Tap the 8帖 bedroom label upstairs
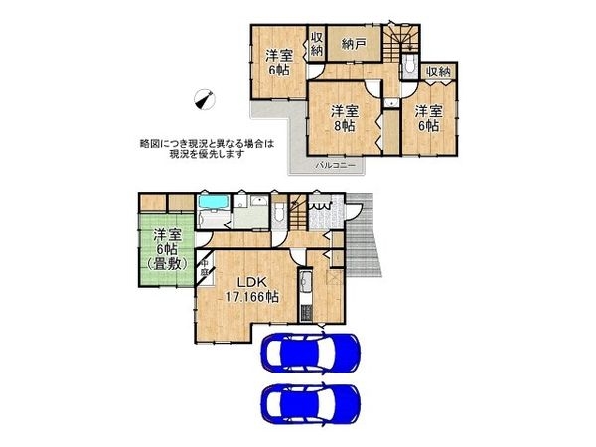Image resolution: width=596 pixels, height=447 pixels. coord(344,117)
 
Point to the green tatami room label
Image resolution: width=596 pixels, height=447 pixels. coord(167,249)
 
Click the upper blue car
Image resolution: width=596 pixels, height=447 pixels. coord(310,354)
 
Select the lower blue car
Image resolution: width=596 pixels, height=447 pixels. coord(310,404)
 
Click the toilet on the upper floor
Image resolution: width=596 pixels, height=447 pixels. coord(410,67)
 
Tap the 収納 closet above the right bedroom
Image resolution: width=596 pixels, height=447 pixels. coord(438,72)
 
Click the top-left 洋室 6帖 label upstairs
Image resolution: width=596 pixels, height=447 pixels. coord(277,63)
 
